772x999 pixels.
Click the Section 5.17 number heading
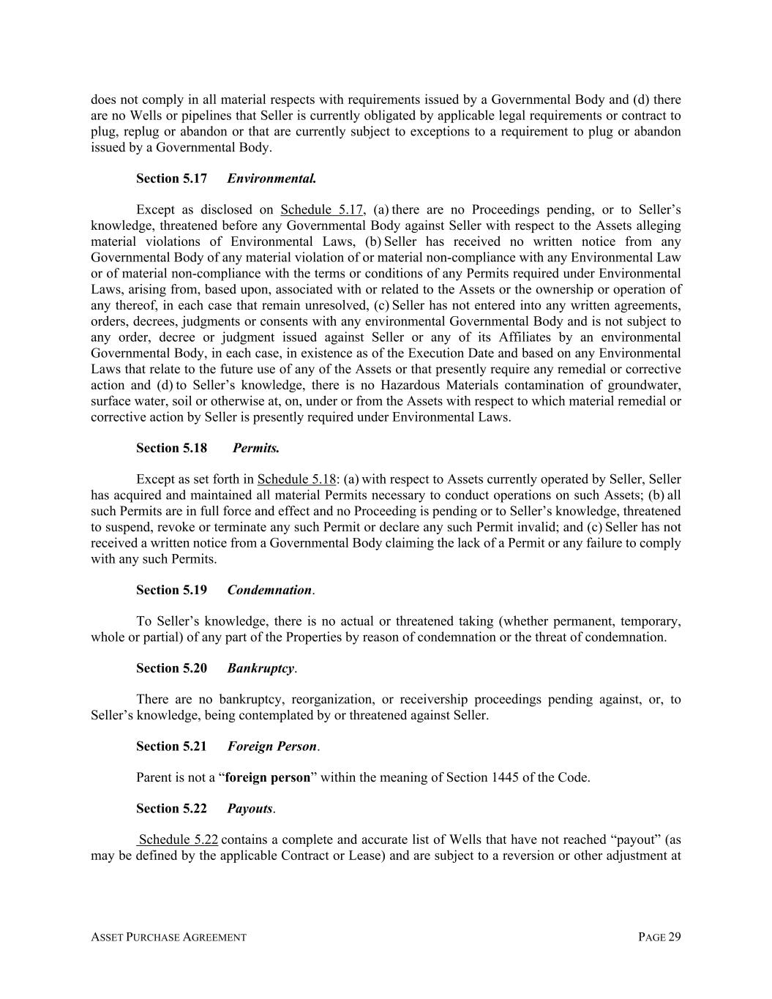coord(171,179)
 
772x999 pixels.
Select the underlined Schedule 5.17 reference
coord(321,210)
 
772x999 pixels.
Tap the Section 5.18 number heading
coord(171,448)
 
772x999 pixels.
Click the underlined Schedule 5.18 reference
coord(296,479)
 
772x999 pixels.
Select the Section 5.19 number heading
coord(171,590)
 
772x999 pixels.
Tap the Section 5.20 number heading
coord(171,668)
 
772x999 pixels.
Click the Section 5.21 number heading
coord(171,747)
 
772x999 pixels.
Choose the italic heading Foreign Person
coord(271,747)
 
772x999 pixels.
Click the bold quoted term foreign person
coord(268,777)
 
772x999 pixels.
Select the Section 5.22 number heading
coord(171,809)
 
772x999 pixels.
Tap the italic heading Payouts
coord(250,809)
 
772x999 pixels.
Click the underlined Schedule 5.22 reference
coord(178,840)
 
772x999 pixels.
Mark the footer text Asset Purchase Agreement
coord(168,938)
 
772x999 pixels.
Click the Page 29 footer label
coord(659,938)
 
